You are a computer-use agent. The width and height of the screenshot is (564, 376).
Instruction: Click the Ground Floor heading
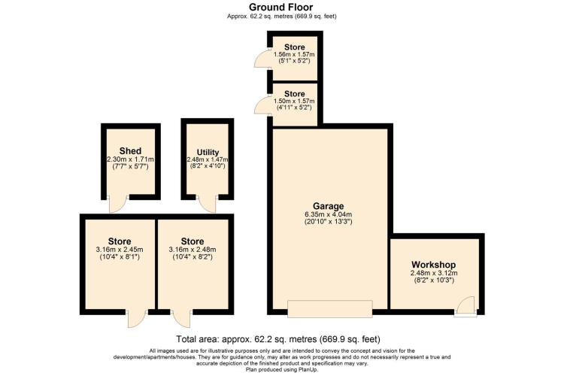pos(281,7)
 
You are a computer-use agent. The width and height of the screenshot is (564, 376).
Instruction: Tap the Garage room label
pos(328,206)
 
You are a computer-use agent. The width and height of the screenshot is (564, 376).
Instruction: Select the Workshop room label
pos(433,265)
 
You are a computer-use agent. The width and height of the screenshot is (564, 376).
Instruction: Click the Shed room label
pos(130,150)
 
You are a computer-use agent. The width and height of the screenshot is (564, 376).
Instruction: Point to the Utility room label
pos(208,152)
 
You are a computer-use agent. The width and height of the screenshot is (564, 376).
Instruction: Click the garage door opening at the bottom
pos(330,309)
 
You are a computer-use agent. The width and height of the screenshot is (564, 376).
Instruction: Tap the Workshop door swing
pos(465,306)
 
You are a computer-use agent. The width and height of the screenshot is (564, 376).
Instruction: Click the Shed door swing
pos(118,204)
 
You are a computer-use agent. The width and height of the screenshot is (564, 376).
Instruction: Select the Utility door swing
pos(208,204)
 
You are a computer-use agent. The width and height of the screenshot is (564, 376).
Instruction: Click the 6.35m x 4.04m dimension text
pos(328,214)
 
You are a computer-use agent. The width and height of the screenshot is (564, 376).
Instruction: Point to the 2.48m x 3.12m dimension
pos(434,273)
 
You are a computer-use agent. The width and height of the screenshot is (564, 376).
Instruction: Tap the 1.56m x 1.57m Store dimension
pos(294,54)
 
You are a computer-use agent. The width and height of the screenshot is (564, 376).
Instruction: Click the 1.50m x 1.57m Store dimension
pos(294,101)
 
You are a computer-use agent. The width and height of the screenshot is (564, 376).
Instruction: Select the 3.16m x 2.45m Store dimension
pos(120,250)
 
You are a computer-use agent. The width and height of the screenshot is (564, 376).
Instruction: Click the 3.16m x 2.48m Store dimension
pos(193,250)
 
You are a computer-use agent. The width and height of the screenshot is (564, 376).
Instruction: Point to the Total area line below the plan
pos(278,339)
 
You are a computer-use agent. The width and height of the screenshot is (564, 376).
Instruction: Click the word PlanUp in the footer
pos(308,369)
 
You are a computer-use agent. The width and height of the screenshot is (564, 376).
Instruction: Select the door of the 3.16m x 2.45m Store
pos(137,318)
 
